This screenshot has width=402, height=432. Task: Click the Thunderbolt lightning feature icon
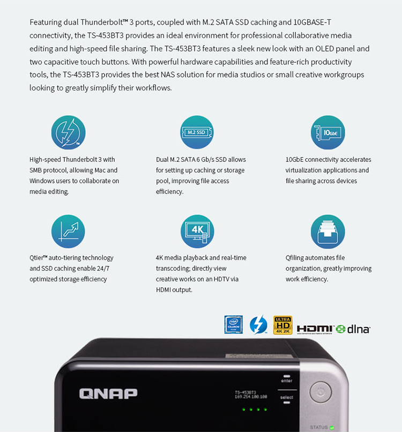[x=68, y=132]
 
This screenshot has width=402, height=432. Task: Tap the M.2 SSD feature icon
[x=197, y=132]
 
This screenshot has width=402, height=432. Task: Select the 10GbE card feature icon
[x=327, y=132]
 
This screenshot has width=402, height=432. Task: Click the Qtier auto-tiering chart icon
[x=68, y=231]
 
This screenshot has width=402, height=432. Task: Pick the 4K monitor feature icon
[x=197, y=231]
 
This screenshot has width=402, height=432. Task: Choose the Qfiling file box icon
[x=327, y=231]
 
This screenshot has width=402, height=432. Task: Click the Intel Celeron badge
[x=234, y=325]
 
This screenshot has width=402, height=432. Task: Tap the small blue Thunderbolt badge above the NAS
[x=258, y=325]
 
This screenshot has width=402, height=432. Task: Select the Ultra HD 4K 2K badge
[x=282, y=325]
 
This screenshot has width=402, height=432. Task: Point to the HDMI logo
[x=315, y=329]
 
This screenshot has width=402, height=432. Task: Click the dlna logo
[x=353, y=329]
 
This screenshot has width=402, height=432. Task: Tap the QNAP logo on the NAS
[x=108, y=393]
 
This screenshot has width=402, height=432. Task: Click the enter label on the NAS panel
[x=286, y=381]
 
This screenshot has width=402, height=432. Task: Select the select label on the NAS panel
[x=286, y=398]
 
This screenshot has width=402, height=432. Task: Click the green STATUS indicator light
[x=332, y=428]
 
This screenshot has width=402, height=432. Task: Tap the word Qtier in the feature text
[x=39, y=258]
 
